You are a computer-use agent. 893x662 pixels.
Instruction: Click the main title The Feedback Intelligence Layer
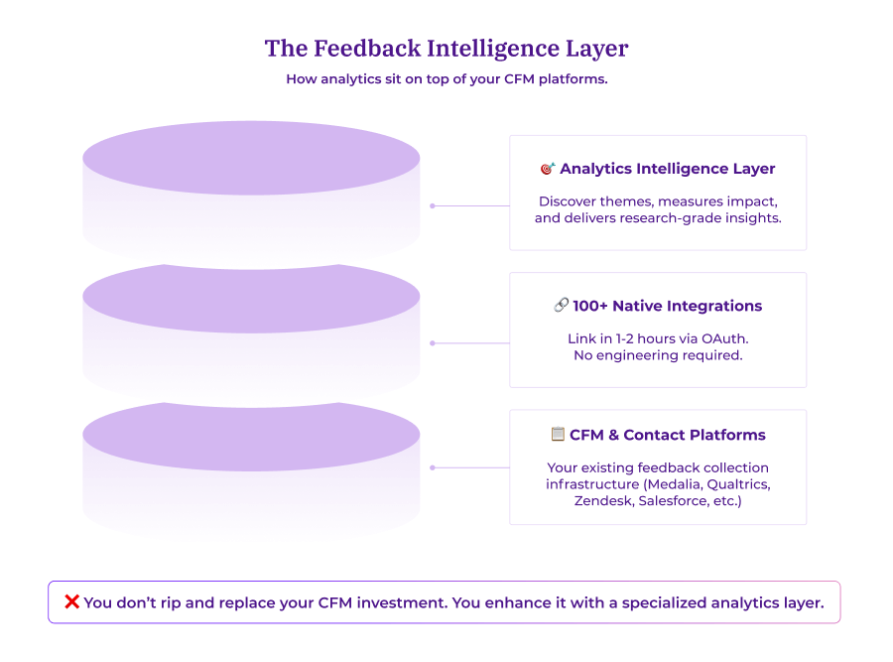pyautogui.click(x=446, y=48)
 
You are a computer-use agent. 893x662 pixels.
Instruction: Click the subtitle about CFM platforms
pyautogui.click(x=446, y=79)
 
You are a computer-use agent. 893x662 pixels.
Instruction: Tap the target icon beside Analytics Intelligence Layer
pyautogui.click(x=548, y=169)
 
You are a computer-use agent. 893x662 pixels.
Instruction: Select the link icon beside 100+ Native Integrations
pyautogui.click(x=561, y=306)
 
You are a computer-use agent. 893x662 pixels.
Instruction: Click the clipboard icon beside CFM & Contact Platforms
pyautogui.click(x=558, y=435)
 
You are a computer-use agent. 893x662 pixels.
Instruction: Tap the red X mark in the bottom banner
pyautogui.click(x=71, y=602)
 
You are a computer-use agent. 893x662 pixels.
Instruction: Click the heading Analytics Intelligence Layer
pyautogui.click(x=667, y=169)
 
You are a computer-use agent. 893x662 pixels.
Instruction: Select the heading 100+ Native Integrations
pyautogui.click(x=667, y=306)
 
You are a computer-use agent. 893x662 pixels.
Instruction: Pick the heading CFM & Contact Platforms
pyautogui.click(x=667, y=435)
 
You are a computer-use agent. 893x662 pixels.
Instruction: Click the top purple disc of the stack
pyautogui.click(x=251, y=159)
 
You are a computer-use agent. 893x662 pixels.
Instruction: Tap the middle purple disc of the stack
pyautogui.click(x=251, y=298)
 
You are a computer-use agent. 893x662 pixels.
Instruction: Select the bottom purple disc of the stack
pyautogui.click(x=251, y=436)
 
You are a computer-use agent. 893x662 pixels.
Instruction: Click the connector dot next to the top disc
pyautogui.click(x=432, y=206)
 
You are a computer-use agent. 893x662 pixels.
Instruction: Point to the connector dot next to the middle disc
pyautogui.click(x=432, y=343)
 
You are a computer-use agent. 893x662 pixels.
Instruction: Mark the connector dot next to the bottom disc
pyautogui.click(x=432, y=467)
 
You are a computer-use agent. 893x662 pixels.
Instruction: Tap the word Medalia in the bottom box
pyautogui.click(x=674, y=484)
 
